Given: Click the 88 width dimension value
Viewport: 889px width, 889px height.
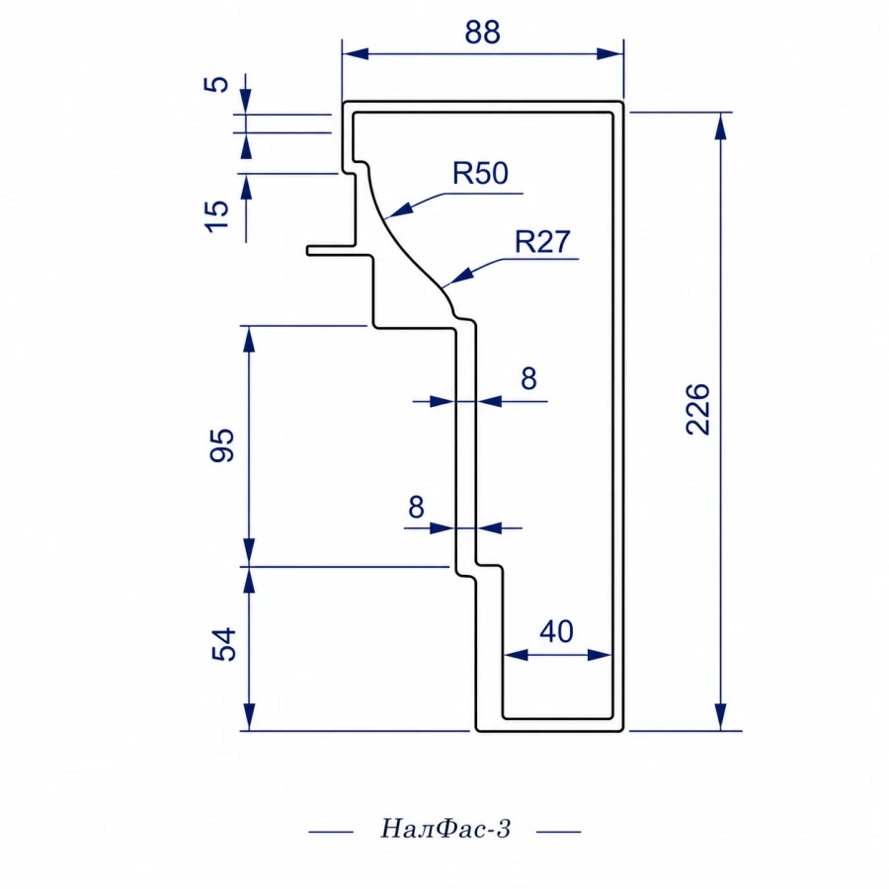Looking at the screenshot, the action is point(482,33).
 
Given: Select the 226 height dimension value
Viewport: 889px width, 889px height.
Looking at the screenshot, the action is point(697,409).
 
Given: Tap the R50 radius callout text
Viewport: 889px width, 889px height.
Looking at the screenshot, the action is point(480,173).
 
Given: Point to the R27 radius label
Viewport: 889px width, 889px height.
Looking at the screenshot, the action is point(542,242).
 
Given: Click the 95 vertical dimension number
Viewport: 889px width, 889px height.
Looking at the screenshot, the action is point(221,445).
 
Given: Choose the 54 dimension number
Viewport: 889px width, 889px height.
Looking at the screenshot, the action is point(223,644).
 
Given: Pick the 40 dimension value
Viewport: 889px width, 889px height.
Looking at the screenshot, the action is point(556,631).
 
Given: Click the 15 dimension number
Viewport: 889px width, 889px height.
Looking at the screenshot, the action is point(216,216).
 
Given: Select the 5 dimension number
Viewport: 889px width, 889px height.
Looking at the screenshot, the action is point(216,85).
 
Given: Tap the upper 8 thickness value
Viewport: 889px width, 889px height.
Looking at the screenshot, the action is point(528,378).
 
